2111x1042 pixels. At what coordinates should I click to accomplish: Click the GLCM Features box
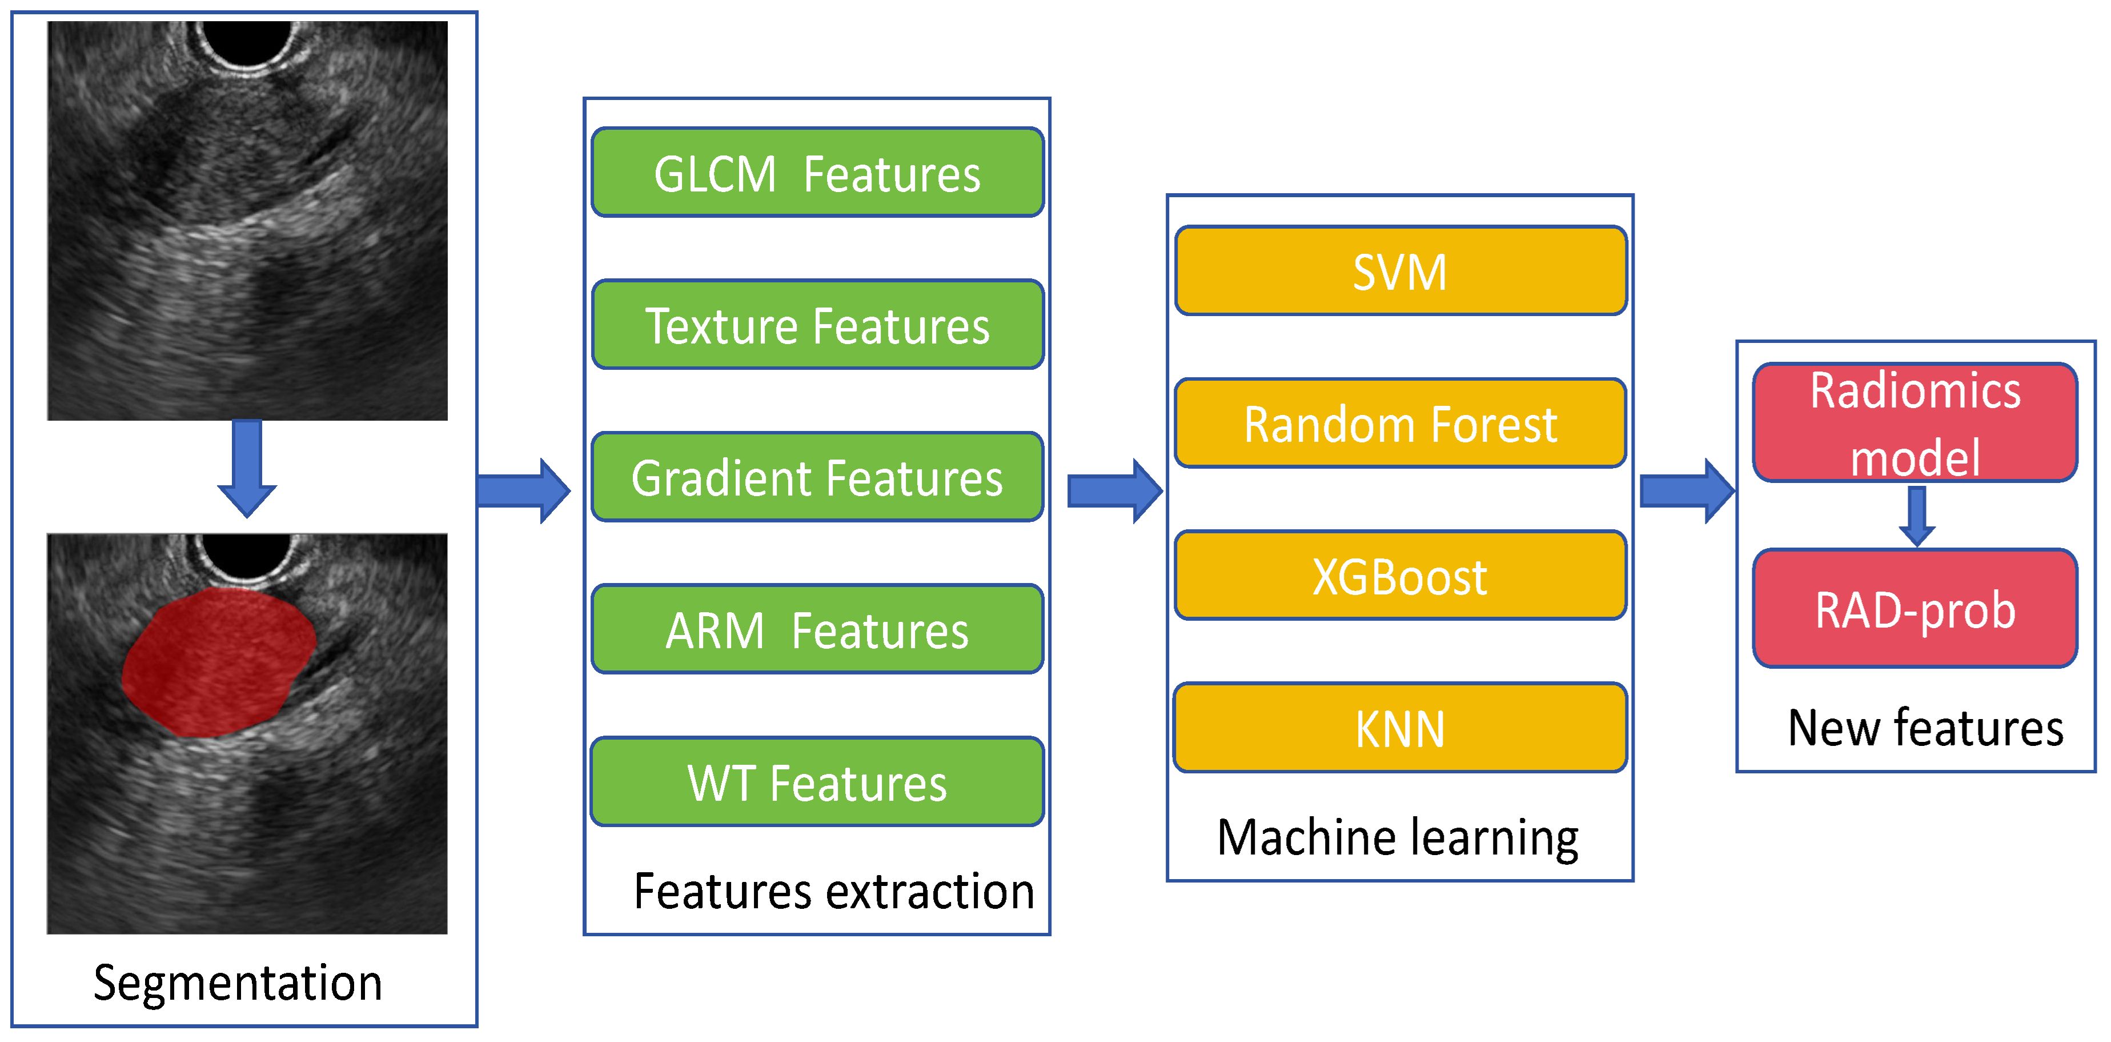coord(817,172)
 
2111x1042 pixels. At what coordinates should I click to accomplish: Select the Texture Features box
coord(817,325)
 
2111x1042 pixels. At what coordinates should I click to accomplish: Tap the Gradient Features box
coord(817,477)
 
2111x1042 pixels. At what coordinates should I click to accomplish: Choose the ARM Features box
coord(817,630)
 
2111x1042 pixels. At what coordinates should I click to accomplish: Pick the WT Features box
coord(817,782)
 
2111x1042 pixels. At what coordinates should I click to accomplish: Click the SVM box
coord(1400,270)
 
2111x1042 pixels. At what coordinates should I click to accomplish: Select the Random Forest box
coord(1400,423)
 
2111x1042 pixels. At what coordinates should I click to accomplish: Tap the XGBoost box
coord(1400,576)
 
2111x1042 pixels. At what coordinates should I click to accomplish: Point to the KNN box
coord(1400,728)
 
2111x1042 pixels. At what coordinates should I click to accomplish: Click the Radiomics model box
coord(1915,422)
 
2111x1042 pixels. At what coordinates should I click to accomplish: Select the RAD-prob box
coord(1915,608)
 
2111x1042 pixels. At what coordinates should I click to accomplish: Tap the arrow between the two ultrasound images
coord(247,468)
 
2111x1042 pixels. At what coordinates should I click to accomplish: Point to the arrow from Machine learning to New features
coord(1687,490)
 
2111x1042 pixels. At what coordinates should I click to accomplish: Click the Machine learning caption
coord(1398,838)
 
